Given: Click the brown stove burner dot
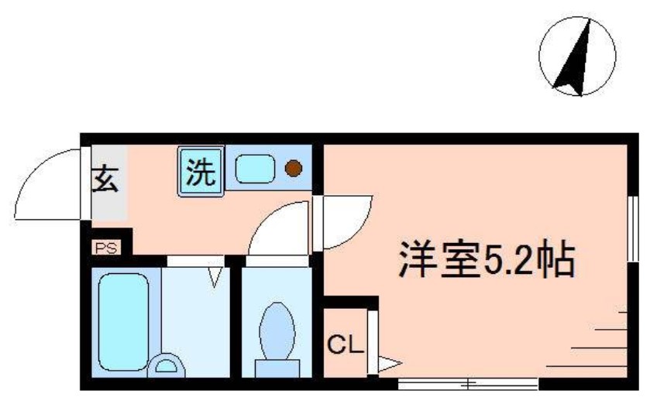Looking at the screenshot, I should (x=293, y=167).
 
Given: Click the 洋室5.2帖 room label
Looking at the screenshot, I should (x=486, y=261).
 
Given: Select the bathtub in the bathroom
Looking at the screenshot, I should (x=124, y=318).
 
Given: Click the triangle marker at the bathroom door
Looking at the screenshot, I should (x=215, y=275).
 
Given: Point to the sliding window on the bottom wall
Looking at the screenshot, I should (x=469, y=382).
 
